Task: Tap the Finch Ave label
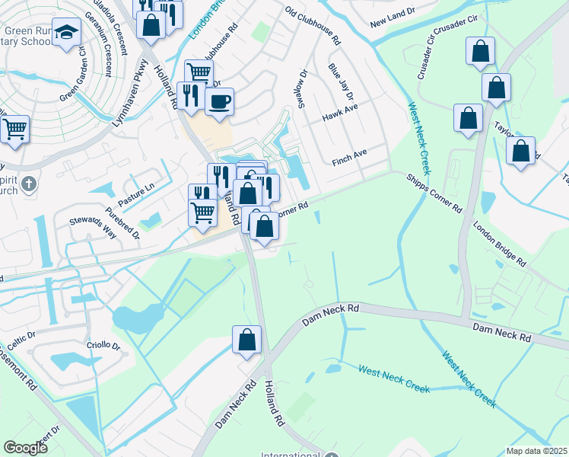[349, 157]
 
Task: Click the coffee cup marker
[219, 101]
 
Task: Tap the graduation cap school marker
[68, 31]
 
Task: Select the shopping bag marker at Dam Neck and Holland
[246, 339]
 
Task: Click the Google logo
[25, 448]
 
